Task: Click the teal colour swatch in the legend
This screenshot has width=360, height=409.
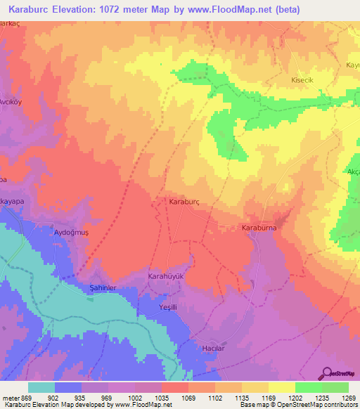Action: coord(41,387)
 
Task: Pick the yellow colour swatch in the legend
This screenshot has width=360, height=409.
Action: coord(281,387)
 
